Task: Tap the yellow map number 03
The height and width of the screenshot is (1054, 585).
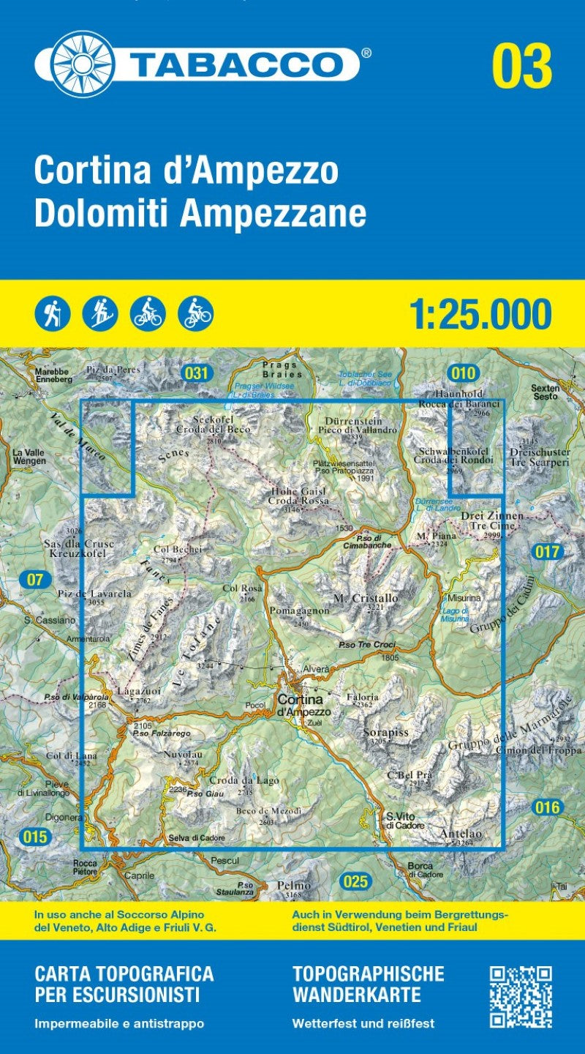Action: pos(521,66)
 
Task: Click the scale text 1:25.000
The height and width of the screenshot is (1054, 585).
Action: pos(480,314)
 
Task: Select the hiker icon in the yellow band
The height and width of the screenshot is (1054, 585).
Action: pos(53,314)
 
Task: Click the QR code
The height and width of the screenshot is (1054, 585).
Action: pos(520,997)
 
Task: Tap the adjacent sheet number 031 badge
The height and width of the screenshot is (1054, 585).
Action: pos(196,373)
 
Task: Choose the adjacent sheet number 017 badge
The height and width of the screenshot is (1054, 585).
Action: pos(546,552)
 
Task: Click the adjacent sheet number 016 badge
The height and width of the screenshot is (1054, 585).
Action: pos(546,807)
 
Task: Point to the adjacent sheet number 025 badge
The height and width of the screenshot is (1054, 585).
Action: pos(355,881)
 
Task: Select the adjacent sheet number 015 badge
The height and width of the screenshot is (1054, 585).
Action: pos(34,837)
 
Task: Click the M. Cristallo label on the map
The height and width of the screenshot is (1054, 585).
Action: pos(366,599)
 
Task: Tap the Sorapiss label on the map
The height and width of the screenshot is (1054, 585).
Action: pos(385,732)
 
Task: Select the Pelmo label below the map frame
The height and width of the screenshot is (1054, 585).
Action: pos(294,886)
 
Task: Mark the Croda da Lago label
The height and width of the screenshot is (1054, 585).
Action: pos(244,781)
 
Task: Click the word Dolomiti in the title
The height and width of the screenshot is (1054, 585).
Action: pos(100,213)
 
